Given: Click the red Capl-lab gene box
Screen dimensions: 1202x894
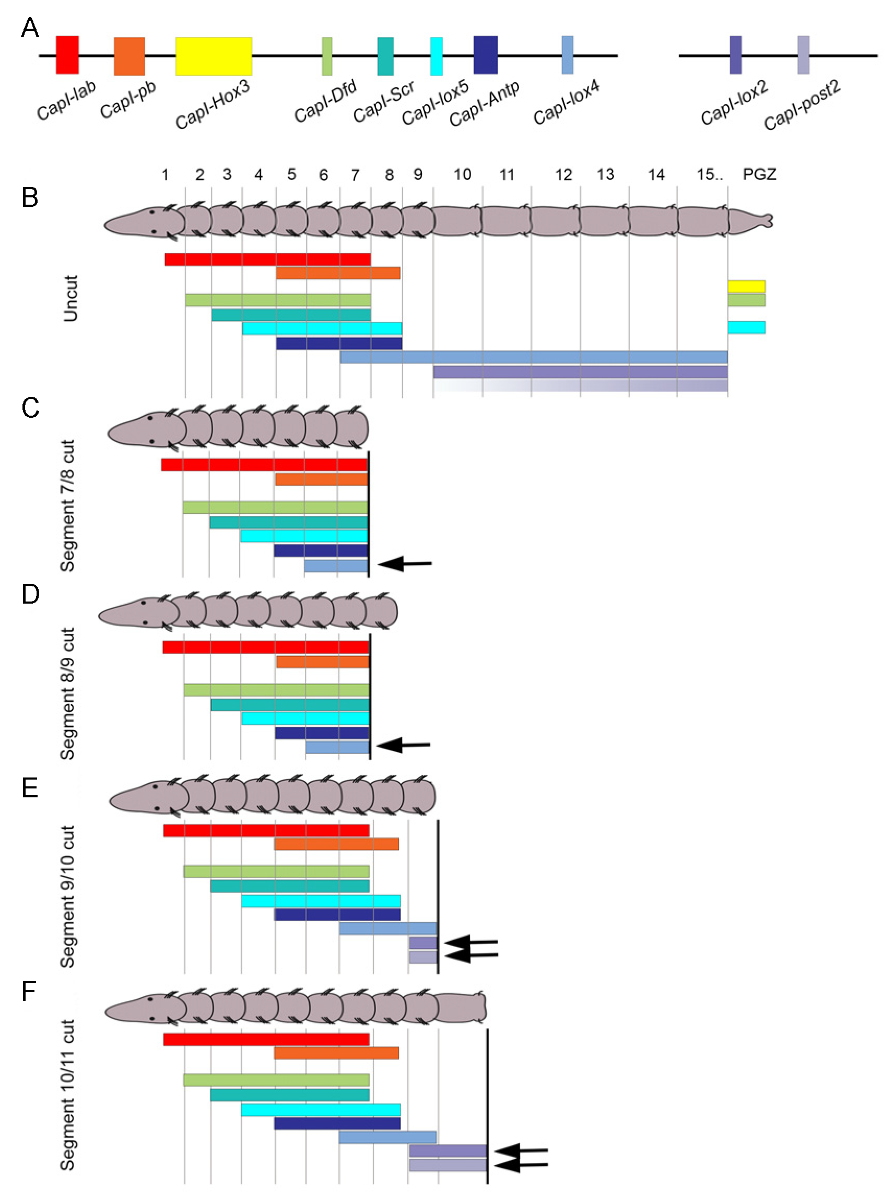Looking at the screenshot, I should click(x=68, y=55).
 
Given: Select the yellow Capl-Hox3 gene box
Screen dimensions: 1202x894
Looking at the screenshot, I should click(x=213, y=56).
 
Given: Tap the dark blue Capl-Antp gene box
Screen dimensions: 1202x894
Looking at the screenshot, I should click(x=486, y=55).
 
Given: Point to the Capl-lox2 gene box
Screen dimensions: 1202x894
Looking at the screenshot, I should click(x=735, y=55).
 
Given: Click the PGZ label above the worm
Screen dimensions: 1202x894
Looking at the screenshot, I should click(x=759, y=174).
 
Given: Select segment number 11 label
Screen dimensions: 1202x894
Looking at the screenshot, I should click(x=506, y=174).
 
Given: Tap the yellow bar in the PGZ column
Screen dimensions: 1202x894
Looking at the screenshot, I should click(x=746, y=286).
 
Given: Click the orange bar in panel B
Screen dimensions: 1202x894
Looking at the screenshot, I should click(x=338, y=273).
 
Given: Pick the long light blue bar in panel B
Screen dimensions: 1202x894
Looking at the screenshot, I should click(x=533, y=357).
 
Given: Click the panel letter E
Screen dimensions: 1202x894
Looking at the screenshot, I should click(x=30, y=788).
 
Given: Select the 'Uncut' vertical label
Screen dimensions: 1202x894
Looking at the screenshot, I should click(x=71, y=298).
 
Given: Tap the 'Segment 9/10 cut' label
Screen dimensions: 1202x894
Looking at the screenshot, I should click(x=68, y=897).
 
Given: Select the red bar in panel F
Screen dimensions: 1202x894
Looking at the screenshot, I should click(x=266, y=1039).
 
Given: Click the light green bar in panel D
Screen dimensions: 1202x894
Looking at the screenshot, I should click(x=276, y=689).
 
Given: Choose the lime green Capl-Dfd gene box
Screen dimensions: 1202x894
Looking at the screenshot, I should click(x=327, y=56).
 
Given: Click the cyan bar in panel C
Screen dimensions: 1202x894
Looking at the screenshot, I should click(x=303, y=536).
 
